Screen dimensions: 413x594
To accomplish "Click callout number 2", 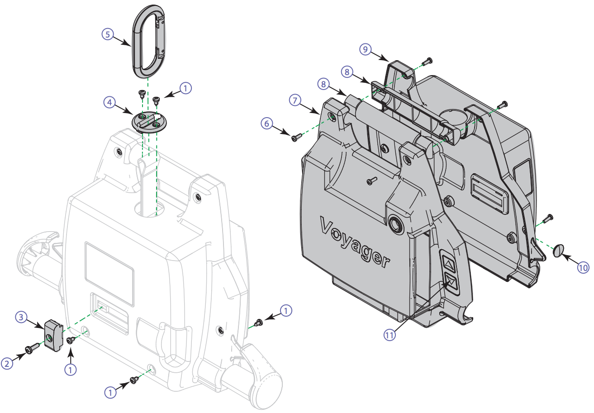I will (x=7, y=363).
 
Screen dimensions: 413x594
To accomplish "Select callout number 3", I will (x=22, y=317).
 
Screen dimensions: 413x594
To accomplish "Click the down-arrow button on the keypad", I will (x=451, y=282).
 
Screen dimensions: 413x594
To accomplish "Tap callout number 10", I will (x=583, y=267).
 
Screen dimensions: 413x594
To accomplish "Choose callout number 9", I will (x=366, y=49).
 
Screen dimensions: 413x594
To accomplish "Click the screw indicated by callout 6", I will (x=295, y=137).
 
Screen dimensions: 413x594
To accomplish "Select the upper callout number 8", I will (x=347, y=71).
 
